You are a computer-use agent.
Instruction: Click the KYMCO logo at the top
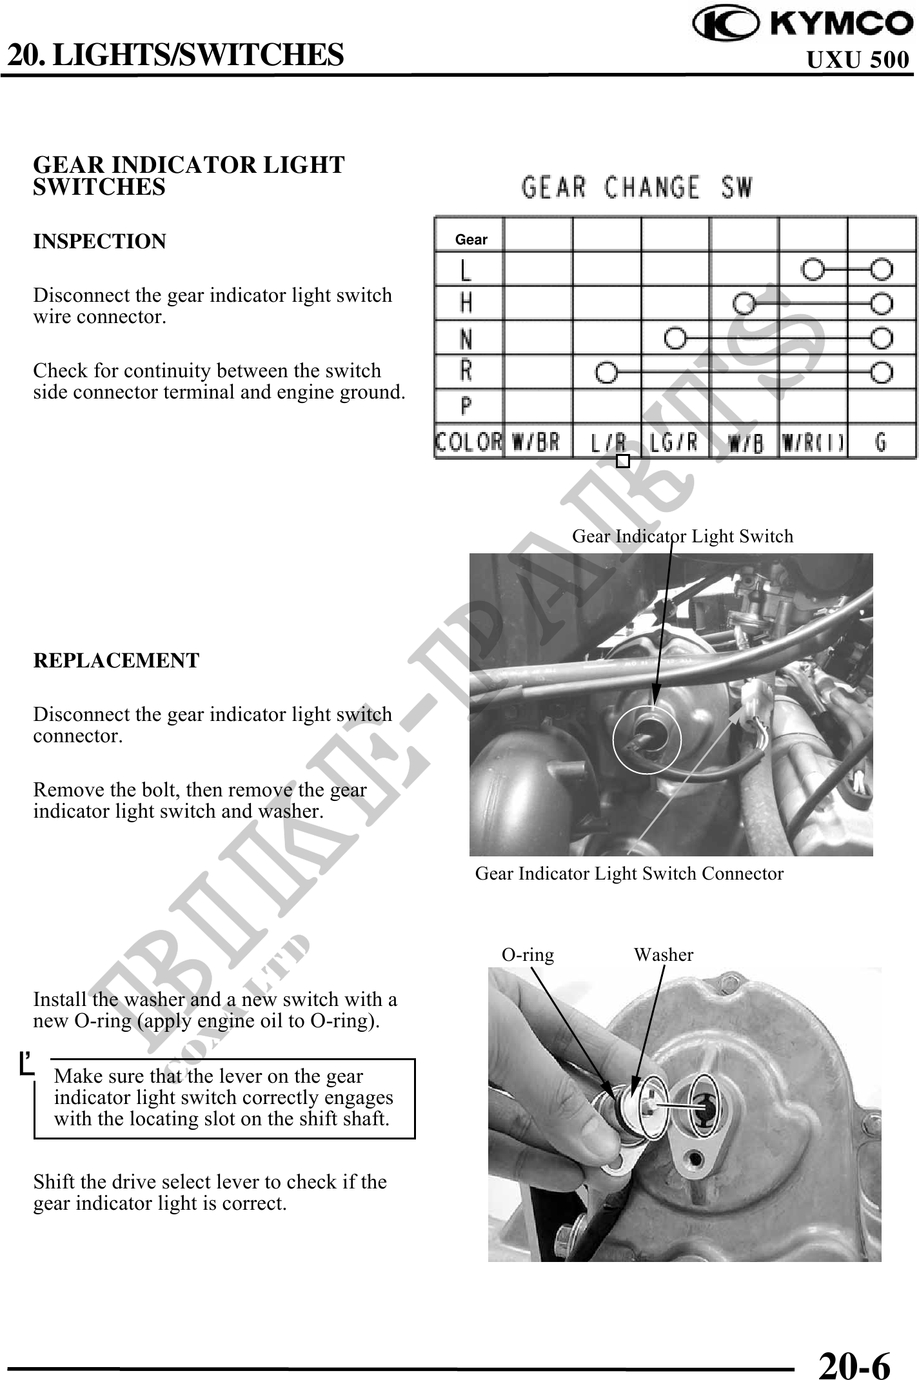click(803, 24)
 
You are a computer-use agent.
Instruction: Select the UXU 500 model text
click(858, 60)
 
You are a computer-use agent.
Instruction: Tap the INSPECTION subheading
click(99, 242)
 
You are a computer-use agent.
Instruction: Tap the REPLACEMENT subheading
click(116, 661)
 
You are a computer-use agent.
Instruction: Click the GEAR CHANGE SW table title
click(637, 188)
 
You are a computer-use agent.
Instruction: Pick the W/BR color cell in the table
click(537, 443)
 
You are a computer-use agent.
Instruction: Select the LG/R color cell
click(674, 443)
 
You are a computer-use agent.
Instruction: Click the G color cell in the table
click(881, 443)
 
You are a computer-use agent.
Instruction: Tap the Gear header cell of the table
click(471, 240)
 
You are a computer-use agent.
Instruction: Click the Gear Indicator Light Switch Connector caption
click(629, 874)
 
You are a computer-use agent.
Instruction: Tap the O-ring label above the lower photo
click(528, 955)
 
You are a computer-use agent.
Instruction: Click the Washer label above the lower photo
click(663, 955)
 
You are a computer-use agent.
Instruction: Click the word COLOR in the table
click(468, 443)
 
